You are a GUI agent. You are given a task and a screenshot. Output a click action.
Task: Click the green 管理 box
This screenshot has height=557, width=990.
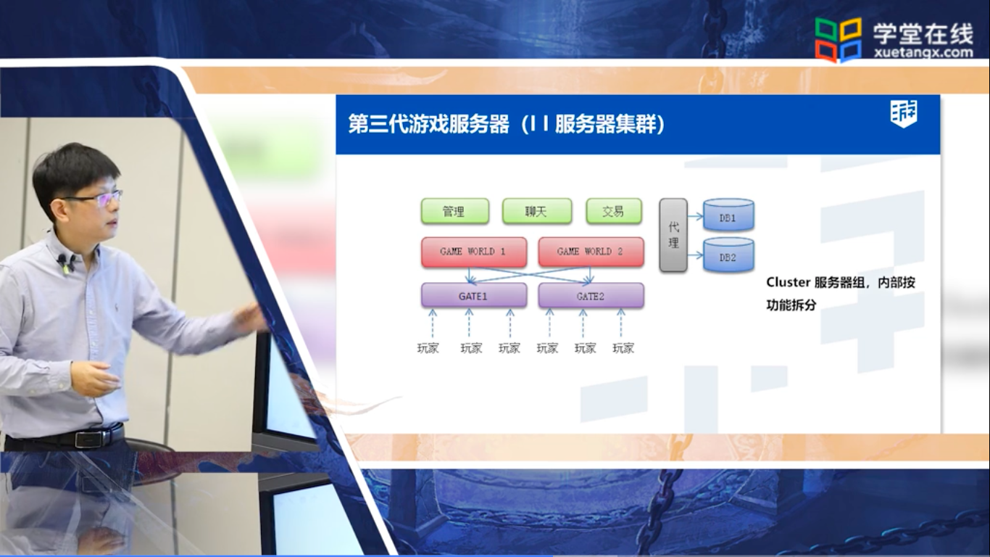click(455, 211)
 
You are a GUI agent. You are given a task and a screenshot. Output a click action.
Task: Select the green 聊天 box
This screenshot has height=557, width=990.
click(536, 211)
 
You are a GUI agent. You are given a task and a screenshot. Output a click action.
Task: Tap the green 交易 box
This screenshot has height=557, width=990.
click(614, 211)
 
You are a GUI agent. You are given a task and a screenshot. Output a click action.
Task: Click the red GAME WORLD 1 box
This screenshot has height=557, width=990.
click(474, 252)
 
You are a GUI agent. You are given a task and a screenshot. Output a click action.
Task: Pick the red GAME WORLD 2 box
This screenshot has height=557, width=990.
click(591, 252)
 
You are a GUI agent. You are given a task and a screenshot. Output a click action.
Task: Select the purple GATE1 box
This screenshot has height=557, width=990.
click(474, 295)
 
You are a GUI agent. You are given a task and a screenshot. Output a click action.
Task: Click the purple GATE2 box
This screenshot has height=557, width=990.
click(591, 295)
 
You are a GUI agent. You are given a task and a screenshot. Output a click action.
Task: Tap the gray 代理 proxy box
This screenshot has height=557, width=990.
click(673, 235)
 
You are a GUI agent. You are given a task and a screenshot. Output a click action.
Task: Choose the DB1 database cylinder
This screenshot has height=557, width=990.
click(728, 215)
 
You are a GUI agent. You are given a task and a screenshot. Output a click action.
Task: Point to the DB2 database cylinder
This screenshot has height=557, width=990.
click(728, 255)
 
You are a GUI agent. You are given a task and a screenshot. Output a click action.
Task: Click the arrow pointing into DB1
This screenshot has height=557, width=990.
click(695, 216)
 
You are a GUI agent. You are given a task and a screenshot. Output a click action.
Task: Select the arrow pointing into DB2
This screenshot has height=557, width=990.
click(695, 255)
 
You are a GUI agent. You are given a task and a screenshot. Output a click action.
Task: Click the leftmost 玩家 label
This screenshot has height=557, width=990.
click(428, 349)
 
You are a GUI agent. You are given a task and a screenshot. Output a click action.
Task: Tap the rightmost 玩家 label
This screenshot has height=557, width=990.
click(623, 349)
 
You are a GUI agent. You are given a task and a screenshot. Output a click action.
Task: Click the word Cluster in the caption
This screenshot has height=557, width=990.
click(788, 282)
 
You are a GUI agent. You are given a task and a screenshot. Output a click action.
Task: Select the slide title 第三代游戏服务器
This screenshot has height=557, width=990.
click(429, 124)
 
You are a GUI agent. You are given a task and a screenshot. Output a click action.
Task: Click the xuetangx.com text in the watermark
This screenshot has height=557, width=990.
click(923, 53)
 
